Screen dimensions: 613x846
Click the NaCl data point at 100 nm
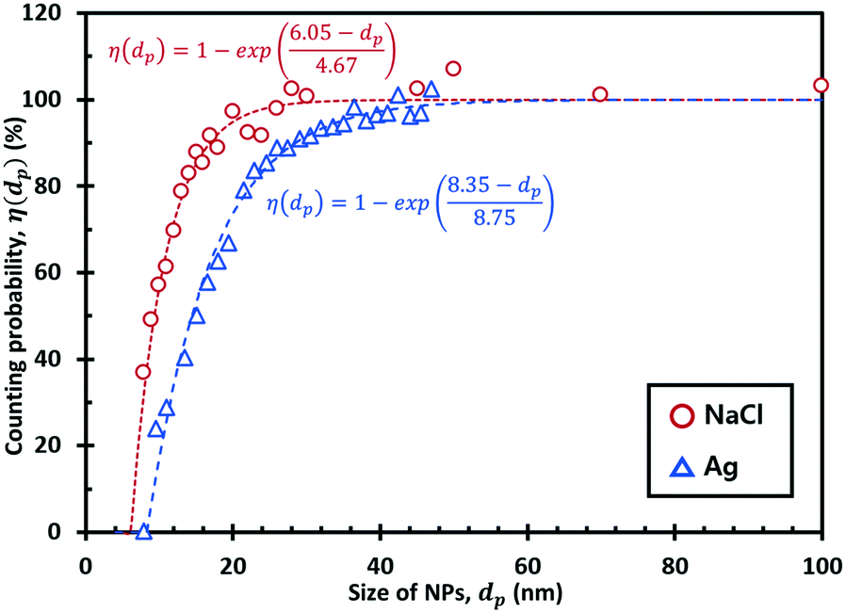click(x=821, y=86)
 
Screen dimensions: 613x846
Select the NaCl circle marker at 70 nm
click(x=600, y=94)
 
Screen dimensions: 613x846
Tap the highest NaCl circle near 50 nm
click(x=453, y=69)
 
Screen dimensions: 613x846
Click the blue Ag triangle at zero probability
click(x=143, y=532)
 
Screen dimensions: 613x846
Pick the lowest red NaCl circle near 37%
click(x=143, y=372)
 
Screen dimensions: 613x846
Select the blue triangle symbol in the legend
click(x=677, y=464)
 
